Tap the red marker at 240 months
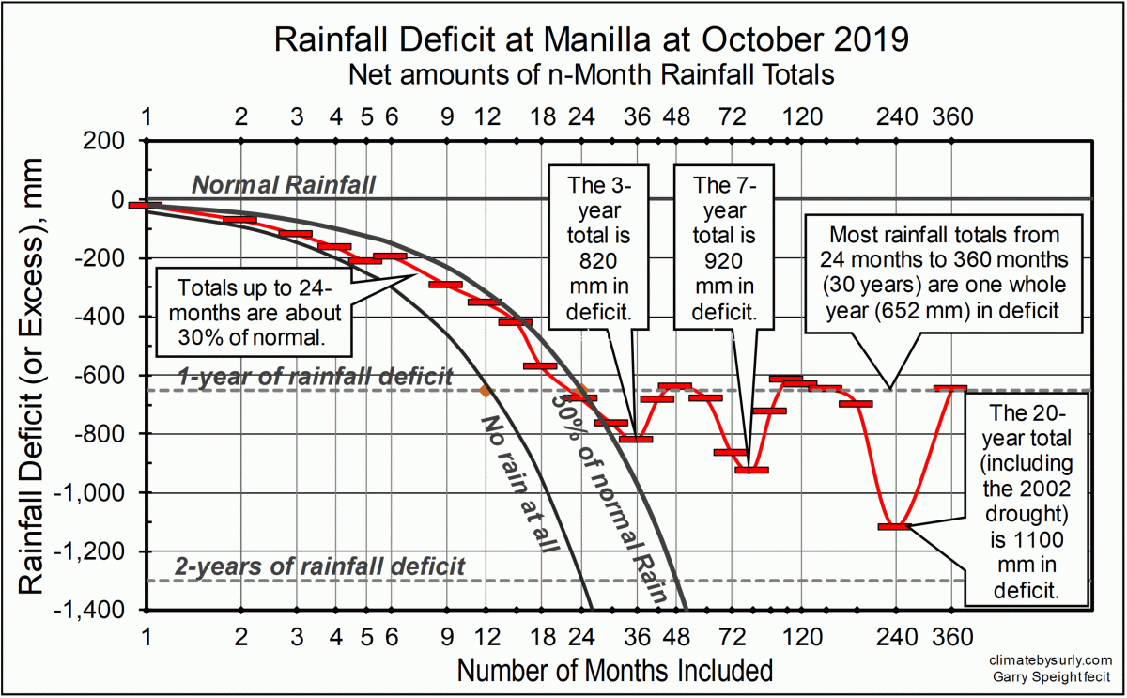point(895,527)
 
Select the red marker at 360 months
point(950,388)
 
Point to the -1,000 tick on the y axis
point(104,492)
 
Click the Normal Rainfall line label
point(284,185)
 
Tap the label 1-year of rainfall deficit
point(317,378)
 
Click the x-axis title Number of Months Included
point(615,671)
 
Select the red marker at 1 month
point(147,205)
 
